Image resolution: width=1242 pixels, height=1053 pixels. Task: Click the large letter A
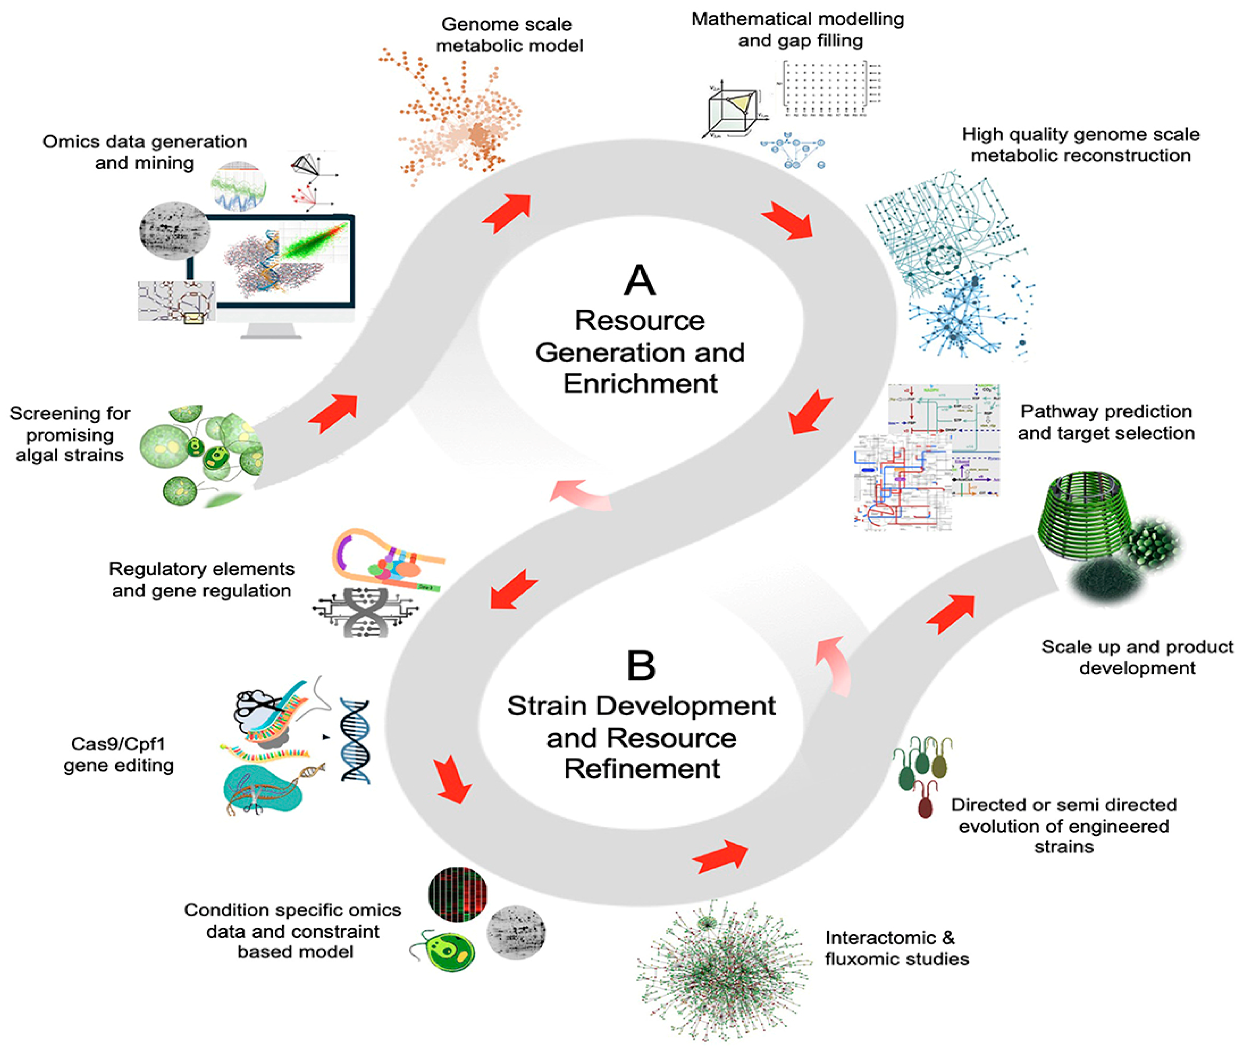[x=639, y=280]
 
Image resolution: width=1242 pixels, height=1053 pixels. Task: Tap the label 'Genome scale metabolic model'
[x=509, y=35]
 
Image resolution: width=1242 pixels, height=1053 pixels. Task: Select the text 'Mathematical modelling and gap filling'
[x=798, y=30]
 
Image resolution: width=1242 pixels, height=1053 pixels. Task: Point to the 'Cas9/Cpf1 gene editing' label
[x=118, y=754]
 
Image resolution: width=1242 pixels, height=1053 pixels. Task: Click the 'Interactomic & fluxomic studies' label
[x=896, y=948]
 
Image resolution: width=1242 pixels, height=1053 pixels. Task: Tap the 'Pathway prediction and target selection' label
[x=1105, y=422]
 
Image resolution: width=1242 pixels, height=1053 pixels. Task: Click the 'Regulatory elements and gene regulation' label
[x=202, y=579]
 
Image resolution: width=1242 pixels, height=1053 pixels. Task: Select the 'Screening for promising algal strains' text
[x=69, y=434]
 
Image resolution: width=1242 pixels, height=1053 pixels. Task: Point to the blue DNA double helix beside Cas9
[x=355, y=740]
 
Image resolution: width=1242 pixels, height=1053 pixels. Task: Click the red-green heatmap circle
[x=458, y=893]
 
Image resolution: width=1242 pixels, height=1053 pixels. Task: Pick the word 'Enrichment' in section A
[x=640, y=383]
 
